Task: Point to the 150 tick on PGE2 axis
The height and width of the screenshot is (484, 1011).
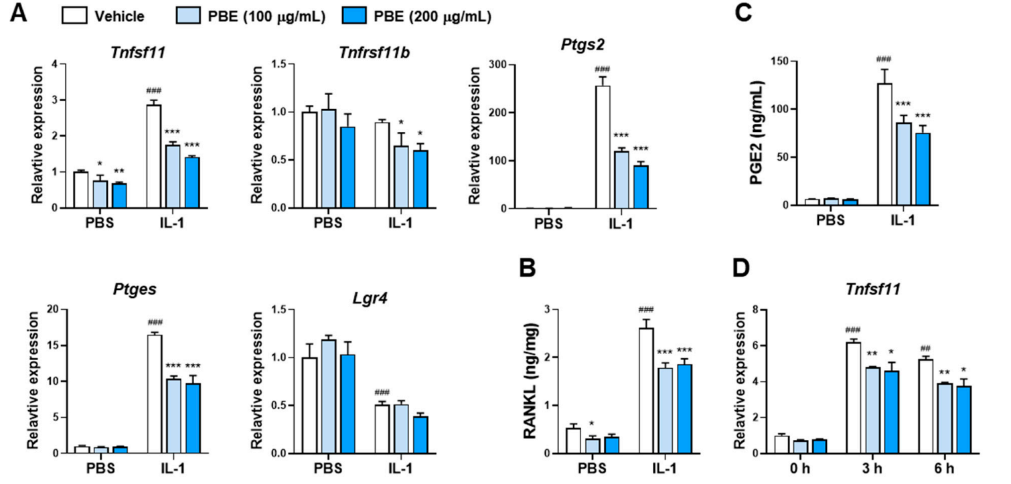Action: (x=797, y=61)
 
